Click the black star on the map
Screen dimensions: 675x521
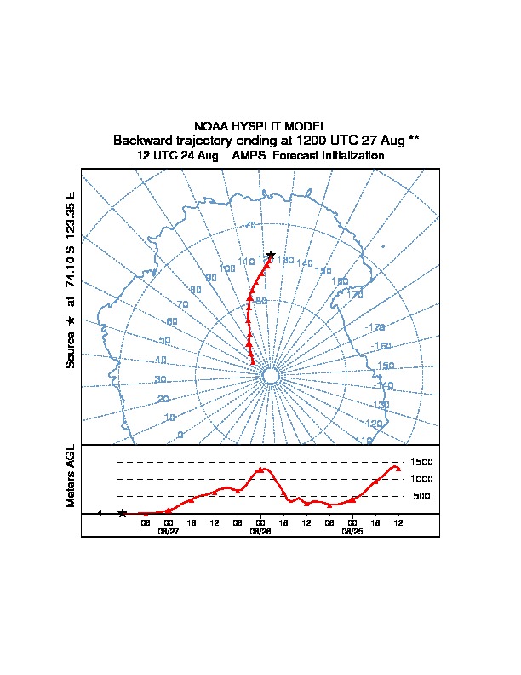pos(271,254)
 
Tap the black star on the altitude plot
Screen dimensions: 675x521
pos(123,513)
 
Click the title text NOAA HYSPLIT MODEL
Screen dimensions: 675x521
pos(260,126)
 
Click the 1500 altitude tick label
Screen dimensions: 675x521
pos(422,462)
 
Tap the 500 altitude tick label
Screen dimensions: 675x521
pos(421,496)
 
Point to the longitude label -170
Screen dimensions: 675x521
pos(375,327)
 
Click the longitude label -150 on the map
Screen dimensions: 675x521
pos(384,366)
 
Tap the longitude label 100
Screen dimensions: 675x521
pos(227,268)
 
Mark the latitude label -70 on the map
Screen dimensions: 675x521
pos(249,225)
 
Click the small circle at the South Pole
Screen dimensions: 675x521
pos(271,376)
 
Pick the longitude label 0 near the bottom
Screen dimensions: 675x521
pos(180,436)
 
